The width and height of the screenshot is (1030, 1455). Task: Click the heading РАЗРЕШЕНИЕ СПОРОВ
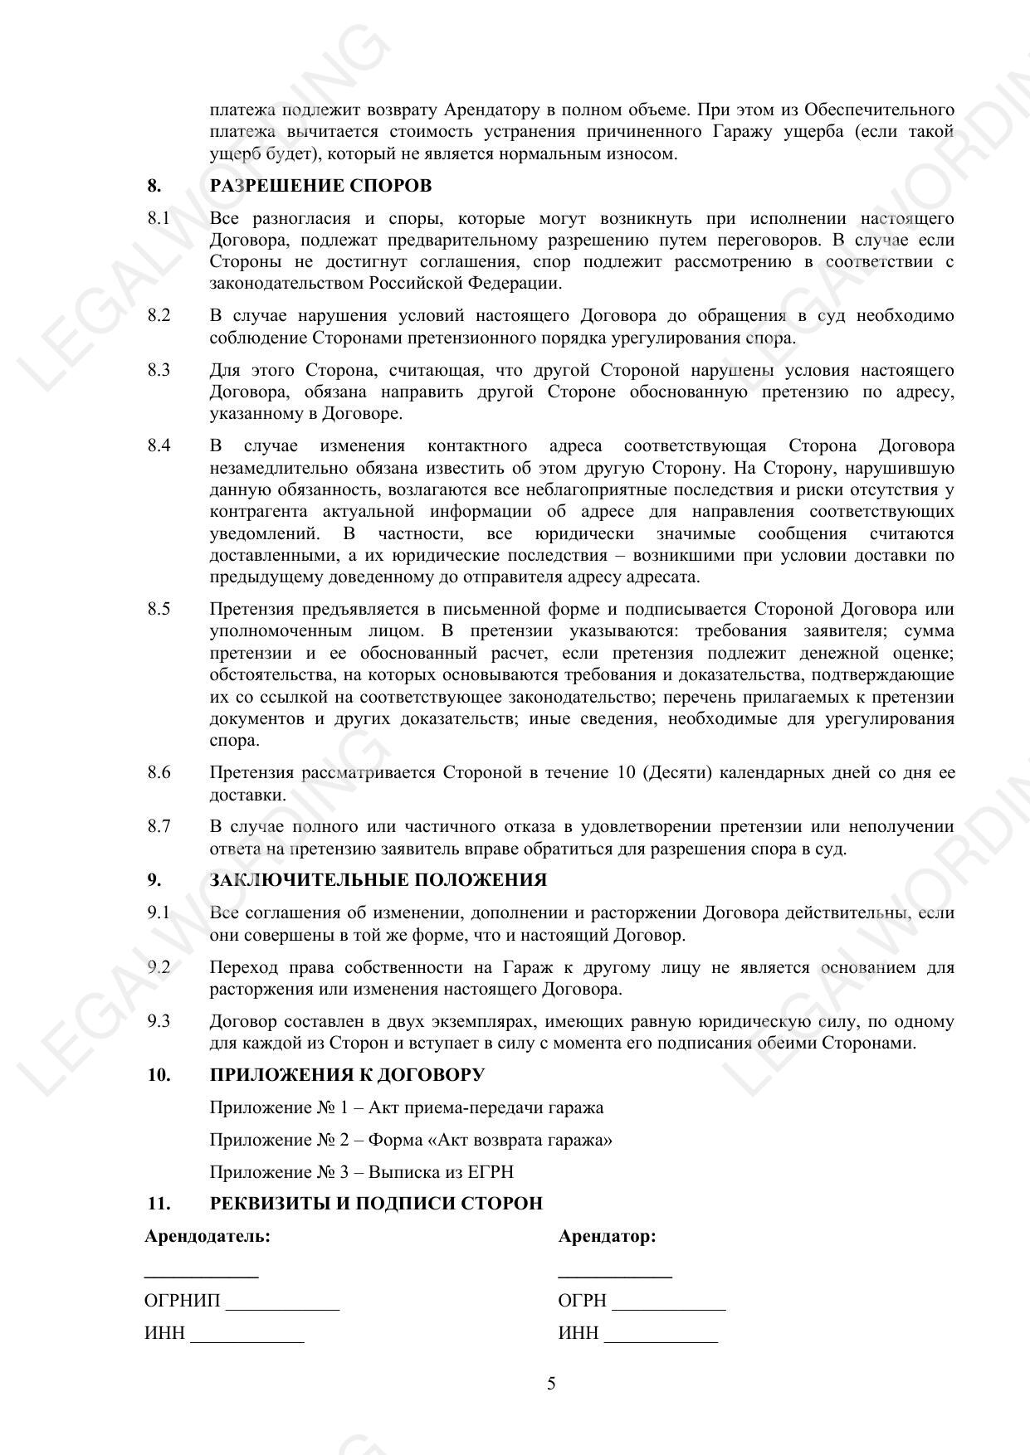pyautogui.click(x=320, y=186)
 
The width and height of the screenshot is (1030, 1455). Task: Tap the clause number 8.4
pyautogui.click(x=159, y=445)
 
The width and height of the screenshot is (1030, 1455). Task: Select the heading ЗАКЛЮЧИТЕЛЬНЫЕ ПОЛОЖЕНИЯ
pyautogui.click(x=378, y=880)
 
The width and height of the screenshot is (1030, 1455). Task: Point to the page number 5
pyautogui.click(x=551, y=1383)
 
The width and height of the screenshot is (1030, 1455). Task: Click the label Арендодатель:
pyautogui.click(x=207, y=1236)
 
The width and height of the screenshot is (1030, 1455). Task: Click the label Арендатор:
pyautogui.click(x=607, y=1236)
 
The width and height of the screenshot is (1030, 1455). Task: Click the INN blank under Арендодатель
pyautogui.click(x=247, y=1335)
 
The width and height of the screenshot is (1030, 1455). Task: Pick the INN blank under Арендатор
pyautogui.click(x=661, y=1335)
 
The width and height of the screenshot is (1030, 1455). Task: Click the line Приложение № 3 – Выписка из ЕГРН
pyautogui.click(x=361, y=1172)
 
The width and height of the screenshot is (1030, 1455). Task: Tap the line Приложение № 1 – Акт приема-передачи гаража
pyautogui.click(x=406, y=1107)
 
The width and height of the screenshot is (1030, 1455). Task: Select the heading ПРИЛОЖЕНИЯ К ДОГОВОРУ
pyautogui.click(x=347, y=1075)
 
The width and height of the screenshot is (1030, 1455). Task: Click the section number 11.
pyautogui.click(x=158, y=1204)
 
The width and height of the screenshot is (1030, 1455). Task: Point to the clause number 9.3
pyautogui.click(x=159, y=1021)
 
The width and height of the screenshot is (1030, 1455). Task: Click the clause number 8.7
pyautogui.click(x=159, y=826)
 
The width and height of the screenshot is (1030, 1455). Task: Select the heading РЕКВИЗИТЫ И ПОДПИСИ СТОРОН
pyautogui.click(x=376, y=1204)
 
